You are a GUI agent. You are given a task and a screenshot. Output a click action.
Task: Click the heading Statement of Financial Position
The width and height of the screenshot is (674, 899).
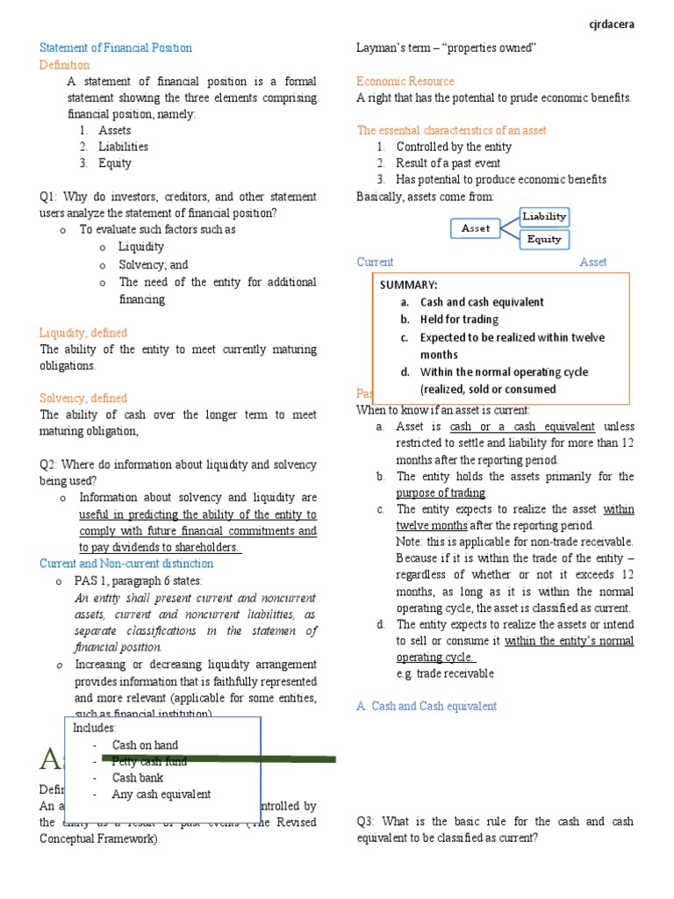[116, 47]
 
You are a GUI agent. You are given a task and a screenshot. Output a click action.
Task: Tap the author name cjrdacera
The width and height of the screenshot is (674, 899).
[611, 25]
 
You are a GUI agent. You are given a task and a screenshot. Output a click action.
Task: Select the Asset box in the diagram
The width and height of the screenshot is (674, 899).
[476, 228]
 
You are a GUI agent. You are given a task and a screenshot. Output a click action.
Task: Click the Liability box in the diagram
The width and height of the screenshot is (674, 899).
[544, 216]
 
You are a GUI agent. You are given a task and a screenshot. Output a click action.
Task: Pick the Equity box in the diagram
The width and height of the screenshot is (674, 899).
[544, 239]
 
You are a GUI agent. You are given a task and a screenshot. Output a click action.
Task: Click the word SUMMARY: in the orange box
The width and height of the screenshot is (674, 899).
[408, 285]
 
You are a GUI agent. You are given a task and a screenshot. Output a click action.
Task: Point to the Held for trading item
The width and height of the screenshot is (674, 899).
[459, 320]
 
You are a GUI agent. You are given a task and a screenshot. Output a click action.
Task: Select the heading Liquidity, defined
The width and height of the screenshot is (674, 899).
[83, 333]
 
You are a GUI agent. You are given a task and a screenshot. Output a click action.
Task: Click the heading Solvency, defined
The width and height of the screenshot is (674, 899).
[83, 398]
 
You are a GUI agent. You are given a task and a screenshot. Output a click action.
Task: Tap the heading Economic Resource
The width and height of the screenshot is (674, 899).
[405, 81]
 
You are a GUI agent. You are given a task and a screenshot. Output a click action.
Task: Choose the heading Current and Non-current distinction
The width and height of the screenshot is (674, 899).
[126, 564]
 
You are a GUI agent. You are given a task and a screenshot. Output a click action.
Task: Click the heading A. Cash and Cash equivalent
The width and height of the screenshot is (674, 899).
[427, 706]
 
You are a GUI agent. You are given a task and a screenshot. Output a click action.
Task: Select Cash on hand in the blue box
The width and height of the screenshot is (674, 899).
[145, 745]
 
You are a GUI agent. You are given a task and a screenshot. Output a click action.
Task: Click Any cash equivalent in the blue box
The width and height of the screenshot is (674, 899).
[161, 795]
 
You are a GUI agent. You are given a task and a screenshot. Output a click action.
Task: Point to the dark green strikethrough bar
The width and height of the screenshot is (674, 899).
[219, 758]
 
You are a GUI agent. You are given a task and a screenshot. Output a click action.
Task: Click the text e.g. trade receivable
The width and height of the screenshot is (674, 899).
[445, 673]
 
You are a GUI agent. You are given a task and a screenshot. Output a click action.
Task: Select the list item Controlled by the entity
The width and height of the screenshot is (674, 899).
[454, 147]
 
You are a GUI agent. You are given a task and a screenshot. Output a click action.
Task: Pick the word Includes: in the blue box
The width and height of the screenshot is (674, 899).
[95, 728]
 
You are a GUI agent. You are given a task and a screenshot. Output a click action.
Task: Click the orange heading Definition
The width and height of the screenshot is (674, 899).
[64, 65]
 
